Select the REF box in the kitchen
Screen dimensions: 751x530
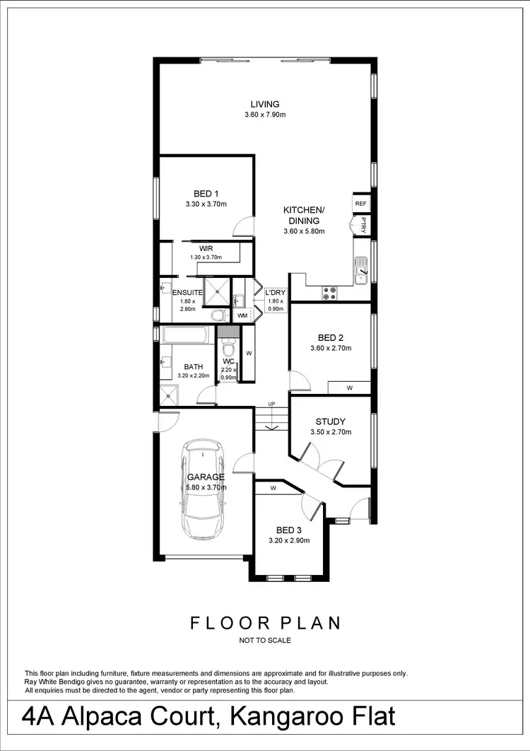(x=361, y=203)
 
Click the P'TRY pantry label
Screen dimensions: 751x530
(x=363, y=225)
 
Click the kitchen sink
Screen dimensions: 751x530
(x=361, y=269)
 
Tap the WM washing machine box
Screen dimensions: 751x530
(x=242, y=315)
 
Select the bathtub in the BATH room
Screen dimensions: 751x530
(x=184, y=335)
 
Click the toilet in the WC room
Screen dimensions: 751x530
(x=228, y=349)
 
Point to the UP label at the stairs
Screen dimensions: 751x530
(x=271, y=404)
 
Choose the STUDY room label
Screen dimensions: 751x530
(x=331, y=422)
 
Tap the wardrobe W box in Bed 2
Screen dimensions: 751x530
(x=349, y=388)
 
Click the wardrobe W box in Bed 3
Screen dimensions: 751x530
(x=273, y=487)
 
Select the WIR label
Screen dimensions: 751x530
(x=206, y=249)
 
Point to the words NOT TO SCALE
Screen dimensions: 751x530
(x=265, y=641)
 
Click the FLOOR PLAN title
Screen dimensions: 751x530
(x=266, y=623)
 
